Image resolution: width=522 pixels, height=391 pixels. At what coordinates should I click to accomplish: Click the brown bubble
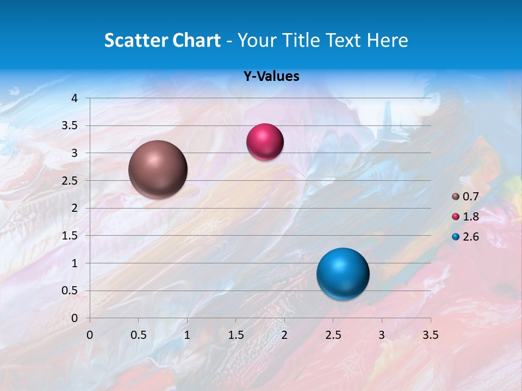(158, 169)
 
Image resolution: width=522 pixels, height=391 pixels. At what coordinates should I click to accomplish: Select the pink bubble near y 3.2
(265, 142)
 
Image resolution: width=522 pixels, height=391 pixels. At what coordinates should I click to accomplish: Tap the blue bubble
(343, 274)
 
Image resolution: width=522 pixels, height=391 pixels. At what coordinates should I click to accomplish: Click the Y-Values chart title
(271, 77)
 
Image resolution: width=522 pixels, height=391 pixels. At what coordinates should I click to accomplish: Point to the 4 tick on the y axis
(75, 98)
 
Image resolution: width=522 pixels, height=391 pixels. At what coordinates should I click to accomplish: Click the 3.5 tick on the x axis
(430, 335)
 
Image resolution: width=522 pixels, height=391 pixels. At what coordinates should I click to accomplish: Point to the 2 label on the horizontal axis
(284, 335)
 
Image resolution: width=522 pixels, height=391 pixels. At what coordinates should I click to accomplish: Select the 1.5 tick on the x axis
(235, 335)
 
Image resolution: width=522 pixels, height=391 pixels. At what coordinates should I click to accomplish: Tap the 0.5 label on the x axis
(138, 335)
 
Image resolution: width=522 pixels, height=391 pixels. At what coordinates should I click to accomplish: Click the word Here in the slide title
(388, 40)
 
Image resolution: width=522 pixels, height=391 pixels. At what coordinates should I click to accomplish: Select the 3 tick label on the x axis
(382, 335)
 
